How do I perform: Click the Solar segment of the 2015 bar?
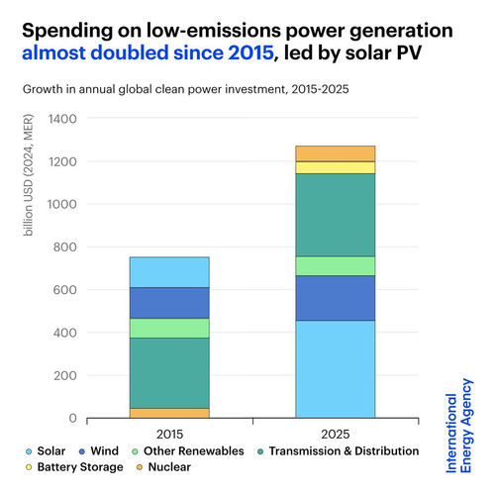tap(169, 272)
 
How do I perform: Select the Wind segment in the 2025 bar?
tap(336, 298)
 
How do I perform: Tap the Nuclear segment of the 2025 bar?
tap(336, 153)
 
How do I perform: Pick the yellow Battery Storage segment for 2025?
tap(336, 167)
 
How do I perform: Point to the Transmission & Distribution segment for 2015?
tap(169, 373)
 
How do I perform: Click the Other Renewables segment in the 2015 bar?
tap(169, 328)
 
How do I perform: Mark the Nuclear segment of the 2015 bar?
tap(169, 413)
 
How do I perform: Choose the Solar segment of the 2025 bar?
tap(336, 369)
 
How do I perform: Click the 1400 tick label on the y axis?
tap(62, 119)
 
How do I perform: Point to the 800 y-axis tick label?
tap(65, 247)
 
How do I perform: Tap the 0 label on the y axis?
tap(73, 418)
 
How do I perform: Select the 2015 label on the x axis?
tap(169, 435)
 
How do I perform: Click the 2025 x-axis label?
tap(336, 435)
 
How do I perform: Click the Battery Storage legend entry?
tap(74, 467)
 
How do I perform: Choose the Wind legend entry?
tap(99, 451)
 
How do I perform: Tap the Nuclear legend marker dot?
tap(140, 467)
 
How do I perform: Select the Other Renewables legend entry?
tap(188, 451)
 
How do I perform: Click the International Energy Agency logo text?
tap(459, 426)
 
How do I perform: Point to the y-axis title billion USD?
tap(29, 175)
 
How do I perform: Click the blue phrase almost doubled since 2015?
tap(148, 52)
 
